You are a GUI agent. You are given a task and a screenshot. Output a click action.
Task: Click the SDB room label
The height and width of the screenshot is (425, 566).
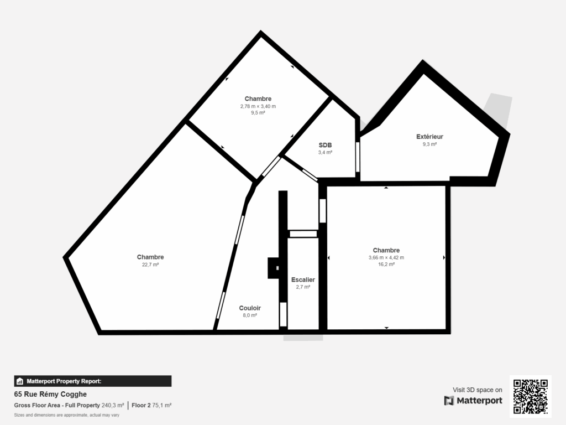(325, 146)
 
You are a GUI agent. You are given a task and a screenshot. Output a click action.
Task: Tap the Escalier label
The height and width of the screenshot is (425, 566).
(303, 280)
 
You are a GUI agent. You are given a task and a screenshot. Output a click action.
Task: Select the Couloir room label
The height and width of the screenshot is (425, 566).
(250, 308)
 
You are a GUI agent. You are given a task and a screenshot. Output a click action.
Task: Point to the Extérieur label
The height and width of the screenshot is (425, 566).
(429, 137)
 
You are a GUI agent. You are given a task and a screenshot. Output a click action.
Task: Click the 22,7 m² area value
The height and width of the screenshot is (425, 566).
(150, 265)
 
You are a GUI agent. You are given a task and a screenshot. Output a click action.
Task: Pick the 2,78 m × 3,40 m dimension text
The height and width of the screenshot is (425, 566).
(258, 106)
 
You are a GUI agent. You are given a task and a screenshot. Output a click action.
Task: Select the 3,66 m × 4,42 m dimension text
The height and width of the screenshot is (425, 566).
(386, 257)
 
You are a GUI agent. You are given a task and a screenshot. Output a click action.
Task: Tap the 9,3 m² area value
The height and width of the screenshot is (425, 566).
(429, 144)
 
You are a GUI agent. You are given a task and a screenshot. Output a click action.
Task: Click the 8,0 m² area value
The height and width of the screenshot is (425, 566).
(250, 315)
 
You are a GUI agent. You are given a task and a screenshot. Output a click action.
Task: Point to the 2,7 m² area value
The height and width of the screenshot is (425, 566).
(303, 287)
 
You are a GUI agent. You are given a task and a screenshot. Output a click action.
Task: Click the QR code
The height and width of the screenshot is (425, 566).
(531, 396)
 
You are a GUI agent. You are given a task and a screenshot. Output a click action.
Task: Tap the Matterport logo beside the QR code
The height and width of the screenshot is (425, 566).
(473, 401)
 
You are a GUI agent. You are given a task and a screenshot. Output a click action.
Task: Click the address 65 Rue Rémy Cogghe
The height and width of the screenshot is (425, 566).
(50, 395)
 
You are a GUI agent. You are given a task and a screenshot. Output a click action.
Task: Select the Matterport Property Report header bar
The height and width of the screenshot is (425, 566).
(92, 381)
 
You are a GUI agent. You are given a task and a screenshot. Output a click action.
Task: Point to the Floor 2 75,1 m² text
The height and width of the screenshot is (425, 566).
(151, 406)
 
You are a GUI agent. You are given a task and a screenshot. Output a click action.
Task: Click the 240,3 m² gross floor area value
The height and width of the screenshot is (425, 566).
(113, 406)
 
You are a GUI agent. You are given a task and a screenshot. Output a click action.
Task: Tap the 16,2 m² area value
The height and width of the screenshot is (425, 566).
(386, 265)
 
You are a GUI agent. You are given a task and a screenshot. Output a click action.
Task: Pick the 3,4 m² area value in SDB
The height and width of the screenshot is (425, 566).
(325, 153)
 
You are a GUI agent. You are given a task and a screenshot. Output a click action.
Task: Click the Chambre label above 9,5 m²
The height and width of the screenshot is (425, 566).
(258, 99)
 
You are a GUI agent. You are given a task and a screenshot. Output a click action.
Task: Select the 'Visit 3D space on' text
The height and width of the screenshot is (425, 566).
(478, 390)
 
